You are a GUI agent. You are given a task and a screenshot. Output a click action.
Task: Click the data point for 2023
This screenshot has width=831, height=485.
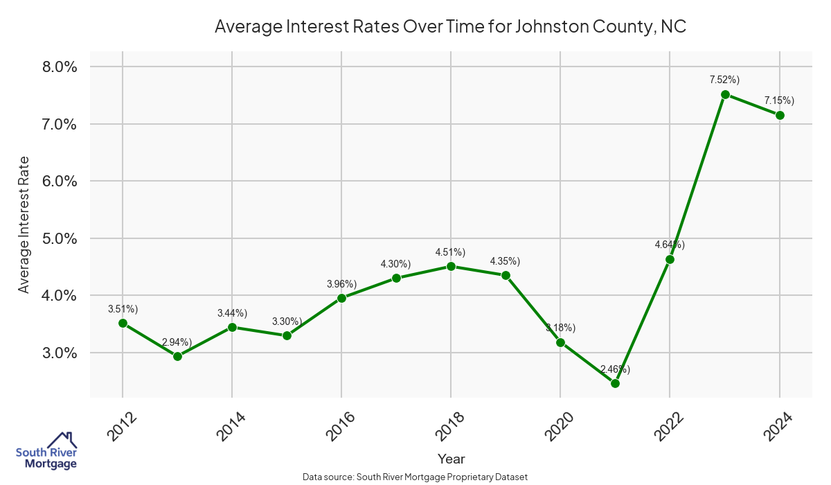tap(725, 94)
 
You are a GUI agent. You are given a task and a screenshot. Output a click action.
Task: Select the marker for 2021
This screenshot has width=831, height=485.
tap(615, 383)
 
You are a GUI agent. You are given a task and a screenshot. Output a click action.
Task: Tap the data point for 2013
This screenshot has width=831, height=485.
tap(177, 356)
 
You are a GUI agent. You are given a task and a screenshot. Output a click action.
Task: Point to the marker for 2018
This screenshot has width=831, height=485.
tap(451, 266)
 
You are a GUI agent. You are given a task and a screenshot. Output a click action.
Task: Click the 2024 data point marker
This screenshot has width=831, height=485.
tap(780, 115)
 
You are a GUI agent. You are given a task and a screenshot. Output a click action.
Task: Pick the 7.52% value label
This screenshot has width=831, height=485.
tap(724, 80)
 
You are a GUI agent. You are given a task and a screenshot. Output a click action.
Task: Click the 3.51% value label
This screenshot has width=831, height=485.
tap(123, 309)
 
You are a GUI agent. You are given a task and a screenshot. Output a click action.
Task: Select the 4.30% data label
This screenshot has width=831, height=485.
tap(396, 264)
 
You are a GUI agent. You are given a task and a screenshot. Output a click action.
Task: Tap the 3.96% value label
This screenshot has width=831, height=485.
tap(341, 284)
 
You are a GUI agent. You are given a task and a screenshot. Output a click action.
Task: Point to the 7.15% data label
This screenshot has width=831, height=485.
tap(779, 101)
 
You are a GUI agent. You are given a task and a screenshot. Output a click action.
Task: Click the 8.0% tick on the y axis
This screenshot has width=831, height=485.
tap(59, 67)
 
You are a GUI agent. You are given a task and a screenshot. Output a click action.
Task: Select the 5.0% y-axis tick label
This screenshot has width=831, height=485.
tap(59, 238)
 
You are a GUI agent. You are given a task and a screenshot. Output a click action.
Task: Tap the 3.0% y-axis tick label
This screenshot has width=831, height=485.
tap(59, 353)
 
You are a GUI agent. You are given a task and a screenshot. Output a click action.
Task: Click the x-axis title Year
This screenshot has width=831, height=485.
tap(451, 459)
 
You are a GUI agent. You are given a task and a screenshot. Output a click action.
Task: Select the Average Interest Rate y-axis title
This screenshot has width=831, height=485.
tap(24, 224)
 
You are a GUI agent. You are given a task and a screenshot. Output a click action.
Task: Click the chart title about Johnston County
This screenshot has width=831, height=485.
tap(450, 26)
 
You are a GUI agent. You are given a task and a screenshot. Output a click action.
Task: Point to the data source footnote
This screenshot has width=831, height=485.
tap(415, 477)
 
